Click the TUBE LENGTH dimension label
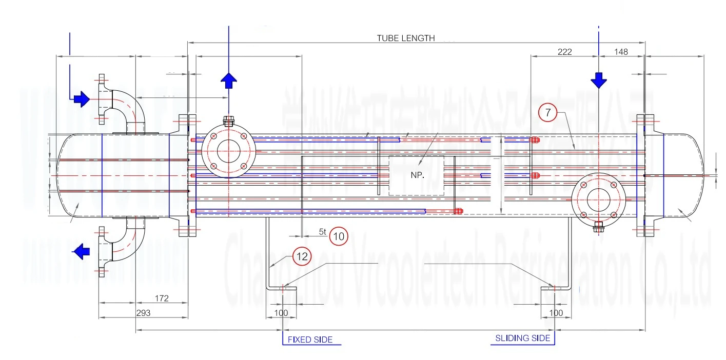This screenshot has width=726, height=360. click(406, 38)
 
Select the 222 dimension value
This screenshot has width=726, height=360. click(564, 51)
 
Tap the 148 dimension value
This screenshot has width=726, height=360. click(621, 51)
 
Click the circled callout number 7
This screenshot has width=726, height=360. click(547, 113)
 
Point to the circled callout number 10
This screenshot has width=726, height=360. click(339, 236)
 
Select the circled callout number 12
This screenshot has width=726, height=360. click(302, 257)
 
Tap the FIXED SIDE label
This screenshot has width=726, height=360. click(310, 339)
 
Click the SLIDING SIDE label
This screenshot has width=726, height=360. click(522, 338)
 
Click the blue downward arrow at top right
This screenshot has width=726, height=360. click(598, 81)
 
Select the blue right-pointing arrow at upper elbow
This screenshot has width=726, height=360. click(81, 98)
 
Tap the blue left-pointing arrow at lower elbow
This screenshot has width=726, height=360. click(81, 251)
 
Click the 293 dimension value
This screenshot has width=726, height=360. click(143, 313)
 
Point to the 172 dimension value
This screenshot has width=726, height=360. click(161, 298)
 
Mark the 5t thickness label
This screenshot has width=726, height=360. click(322, 232)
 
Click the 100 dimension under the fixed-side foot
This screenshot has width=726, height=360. click(281, 312)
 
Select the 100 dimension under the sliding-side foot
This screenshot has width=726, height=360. click(556, 312)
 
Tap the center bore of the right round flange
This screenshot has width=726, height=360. click(598, 199)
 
